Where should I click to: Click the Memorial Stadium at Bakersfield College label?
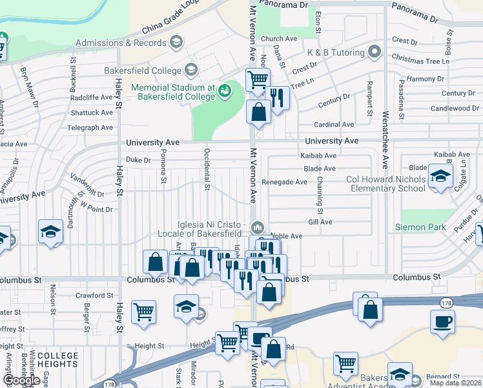pos(173,92)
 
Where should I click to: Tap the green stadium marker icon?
pos(225,91)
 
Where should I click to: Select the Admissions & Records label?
pos(121,43)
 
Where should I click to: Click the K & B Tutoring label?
pos(336,52)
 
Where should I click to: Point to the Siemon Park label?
pos(420,227)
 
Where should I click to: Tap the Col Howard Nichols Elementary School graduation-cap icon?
pos(440,177)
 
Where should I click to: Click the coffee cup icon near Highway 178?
pos(443,321)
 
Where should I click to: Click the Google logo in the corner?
pos(21,380)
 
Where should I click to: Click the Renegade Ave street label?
pos(284,182)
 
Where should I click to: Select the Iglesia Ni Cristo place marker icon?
pos(258,227)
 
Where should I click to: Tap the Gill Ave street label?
pos(320,222)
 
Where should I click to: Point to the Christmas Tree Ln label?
pos(420,61)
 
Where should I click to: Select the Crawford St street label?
pos(94,296)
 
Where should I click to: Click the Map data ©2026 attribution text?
pos(455,383)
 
